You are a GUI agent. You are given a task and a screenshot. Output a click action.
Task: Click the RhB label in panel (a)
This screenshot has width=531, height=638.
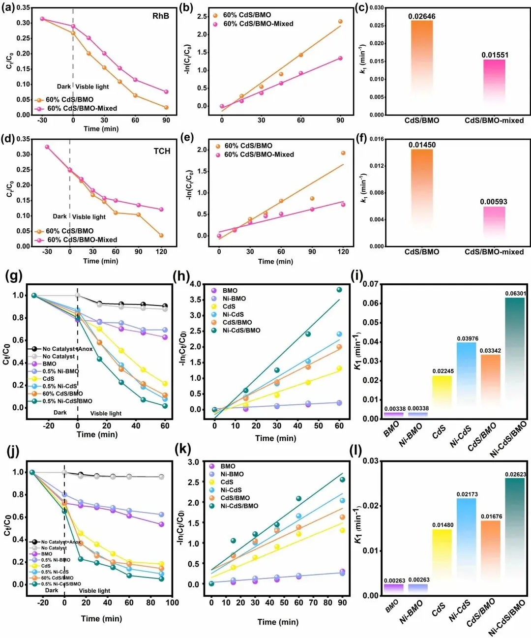pos(161,16)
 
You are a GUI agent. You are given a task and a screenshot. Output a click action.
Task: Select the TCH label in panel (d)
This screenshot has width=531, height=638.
pos(162,151)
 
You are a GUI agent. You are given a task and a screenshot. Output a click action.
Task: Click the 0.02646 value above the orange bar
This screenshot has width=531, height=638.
pos(422,16)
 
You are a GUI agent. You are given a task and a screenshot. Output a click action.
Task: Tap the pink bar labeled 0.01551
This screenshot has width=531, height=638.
pos(494,81)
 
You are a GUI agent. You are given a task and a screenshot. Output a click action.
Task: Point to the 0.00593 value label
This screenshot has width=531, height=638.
pos(494,202)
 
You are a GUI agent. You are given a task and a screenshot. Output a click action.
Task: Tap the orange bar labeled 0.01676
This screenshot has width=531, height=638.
pos(490,556)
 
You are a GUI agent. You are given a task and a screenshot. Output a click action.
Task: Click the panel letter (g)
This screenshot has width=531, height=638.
pos(14,276)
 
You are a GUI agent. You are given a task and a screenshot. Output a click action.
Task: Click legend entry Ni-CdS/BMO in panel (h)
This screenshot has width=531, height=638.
pos(241,330)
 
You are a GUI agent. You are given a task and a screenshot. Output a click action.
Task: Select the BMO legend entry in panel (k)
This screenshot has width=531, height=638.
pos(228,466)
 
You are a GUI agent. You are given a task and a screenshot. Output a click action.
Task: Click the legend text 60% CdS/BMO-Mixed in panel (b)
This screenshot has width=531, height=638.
pos(258,24)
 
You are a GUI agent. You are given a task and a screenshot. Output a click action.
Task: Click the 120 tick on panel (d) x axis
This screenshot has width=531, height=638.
pos(161,251)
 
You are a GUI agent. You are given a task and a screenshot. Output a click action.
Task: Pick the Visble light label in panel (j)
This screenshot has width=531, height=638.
pos(94,591)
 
